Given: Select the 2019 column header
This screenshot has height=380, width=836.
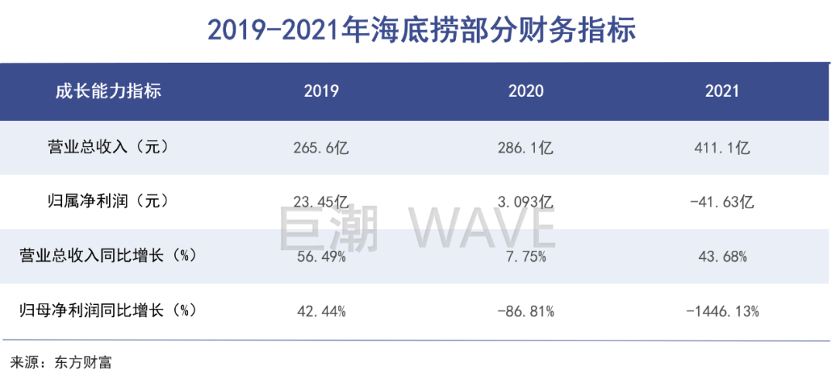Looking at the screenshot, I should pos(321,91).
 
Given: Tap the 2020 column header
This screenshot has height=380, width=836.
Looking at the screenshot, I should pos(526,91).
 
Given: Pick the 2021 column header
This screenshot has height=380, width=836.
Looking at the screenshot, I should pos(721,91).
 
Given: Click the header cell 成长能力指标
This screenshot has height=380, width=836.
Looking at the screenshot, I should pos(108,91).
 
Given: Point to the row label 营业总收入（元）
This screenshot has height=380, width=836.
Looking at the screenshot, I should pos(108,147).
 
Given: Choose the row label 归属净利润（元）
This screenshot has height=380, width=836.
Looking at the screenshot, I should pos(108,202).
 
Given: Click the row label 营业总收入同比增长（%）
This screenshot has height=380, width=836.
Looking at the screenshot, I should pos(108,256).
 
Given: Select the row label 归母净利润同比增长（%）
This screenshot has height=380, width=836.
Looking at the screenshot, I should pos(108,311).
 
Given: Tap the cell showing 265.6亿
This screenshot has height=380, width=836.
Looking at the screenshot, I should pos(321,147).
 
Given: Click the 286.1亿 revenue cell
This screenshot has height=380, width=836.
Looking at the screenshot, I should pos(526,147).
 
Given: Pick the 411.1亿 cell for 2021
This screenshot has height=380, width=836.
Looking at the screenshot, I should pos(721,147).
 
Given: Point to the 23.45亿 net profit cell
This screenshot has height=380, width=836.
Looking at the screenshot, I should pos(321,202).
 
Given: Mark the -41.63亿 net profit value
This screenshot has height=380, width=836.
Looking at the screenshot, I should pos(721,202).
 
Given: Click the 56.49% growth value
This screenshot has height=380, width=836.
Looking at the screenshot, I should pos(321,257).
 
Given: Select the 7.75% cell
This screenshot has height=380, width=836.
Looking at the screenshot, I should pos(526,257).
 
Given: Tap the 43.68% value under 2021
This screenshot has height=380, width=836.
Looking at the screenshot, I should pos(721,257).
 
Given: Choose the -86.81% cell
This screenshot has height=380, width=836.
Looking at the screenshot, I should pos(526,312).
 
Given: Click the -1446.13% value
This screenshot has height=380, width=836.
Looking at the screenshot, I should pos(721,312).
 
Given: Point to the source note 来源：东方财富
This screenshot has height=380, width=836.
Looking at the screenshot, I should pos(60,362).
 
